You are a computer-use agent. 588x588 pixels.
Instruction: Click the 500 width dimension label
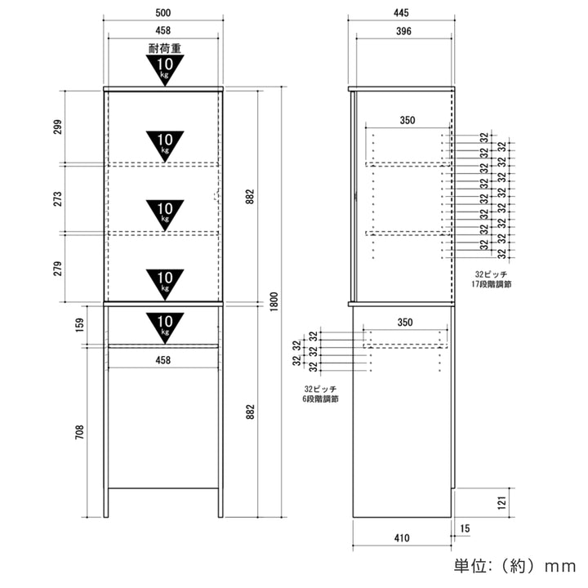tap(163, 13)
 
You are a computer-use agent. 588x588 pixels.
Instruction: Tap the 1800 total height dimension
tap(274, 301)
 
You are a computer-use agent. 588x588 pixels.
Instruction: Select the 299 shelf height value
tap(57, 127)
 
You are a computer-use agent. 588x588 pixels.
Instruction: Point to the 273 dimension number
tap(57, 198)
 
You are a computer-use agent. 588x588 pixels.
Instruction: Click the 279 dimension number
tap(57, 269)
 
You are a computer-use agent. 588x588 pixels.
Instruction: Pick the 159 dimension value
tap(80, 325)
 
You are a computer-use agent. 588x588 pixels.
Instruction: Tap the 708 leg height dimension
tap(80, 432)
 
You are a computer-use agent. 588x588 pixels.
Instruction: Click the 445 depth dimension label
tap(401, 13)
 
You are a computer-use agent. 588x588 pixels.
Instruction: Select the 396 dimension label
tap(403, 31)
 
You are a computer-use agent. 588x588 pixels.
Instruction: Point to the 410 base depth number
tap(402, 538)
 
